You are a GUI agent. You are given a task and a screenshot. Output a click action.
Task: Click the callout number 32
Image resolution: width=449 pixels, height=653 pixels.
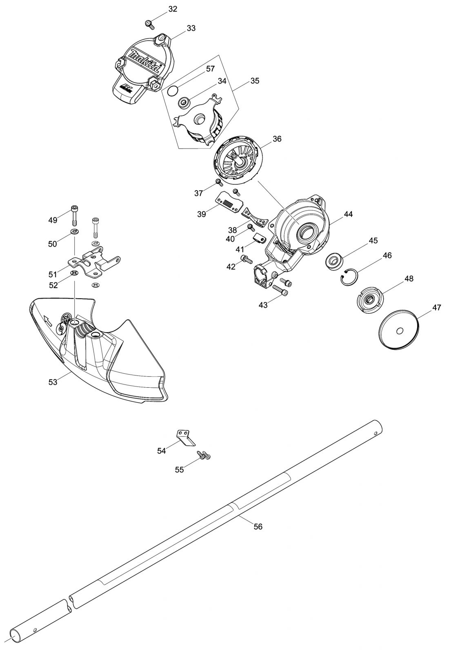click(173, 9)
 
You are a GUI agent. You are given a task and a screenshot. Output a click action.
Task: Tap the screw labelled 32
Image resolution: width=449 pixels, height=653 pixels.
click(149, 24)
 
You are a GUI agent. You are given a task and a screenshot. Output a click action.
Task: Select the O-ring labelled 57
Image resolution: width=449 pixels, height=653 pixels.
click(173, 90)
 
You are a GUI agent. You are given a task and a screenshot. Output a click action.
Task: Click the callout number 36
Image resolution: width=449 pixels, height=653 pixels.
click(277, 139)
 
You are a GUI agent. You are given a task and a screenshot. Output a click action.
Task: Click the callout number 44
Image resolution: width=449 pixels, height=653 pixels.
click(348, 213)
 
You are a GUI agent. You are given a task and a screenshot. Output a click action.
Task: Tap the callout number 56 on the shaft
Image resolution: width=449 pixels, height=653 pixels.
click(258, 526)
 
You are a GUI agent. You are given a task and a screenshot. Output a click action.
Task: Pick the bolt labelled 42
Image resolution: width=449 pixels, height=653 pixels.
click(246, 258)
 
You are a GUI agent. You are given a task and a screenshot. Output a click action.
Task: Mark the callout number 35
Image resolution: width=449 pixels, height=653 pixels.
click(254, 81)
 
